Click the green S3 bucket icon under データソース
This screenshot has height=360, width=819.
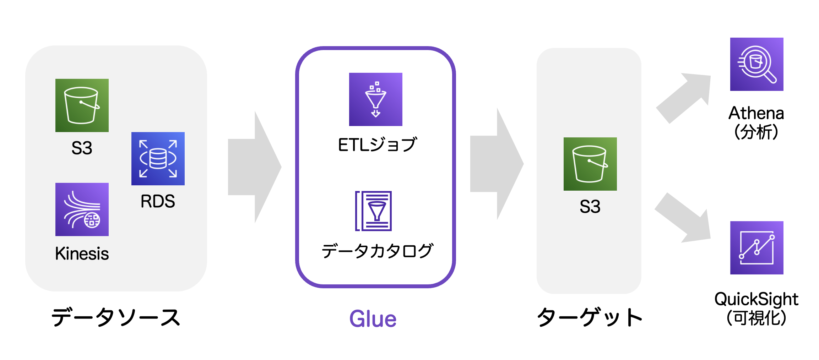pyautogui.click(x=82, y=105)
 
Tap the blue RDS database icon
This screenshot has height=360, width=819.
pyautogui.click(x=158, y=158)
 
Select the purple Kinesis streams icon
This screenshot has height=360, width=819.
pyautogui.click(x=82, y=209)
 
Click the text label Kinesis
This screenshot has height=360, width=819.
pyautogui.click(x=82, y=253)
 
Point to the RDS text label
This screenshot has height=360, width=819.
pyautogui.click(x=158, y=201)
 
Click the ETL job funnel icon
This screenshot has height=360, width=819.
pyautogui.click(x=375, y=99)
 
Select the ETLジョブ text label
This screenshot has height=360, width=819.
pyautogui.click(x=377, y=145)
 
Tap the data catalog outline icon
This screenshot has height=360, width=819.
pyautogui.click(x=374, y=211)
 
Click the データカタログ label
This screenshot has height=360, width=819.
pyautogui.click(x=377, y=251)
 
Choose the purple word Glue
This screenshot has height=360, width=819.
pyautogui.click(x=373, y=318)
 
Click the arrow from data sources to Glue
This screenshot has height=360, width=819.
pyautogui.click(x=254, y=167)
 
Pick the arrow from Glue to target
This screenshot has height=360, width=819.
pyautogui.click(x=497, y=164)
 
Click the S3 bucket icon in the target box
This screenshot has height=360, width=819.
pyautogui.click(x=590, y=164)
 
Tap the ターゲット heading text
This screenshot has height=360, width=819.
pyautogui.click(x=590, y=317)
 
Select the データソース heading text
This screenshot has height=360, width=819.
pyautogui.click(x=116, y=317)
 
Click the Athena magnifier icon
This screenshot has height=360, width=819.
pyautogui.click(x=756, y=64)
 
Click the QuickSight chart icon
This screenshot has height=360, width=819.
pyautogui.click(x=756, y=247)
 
